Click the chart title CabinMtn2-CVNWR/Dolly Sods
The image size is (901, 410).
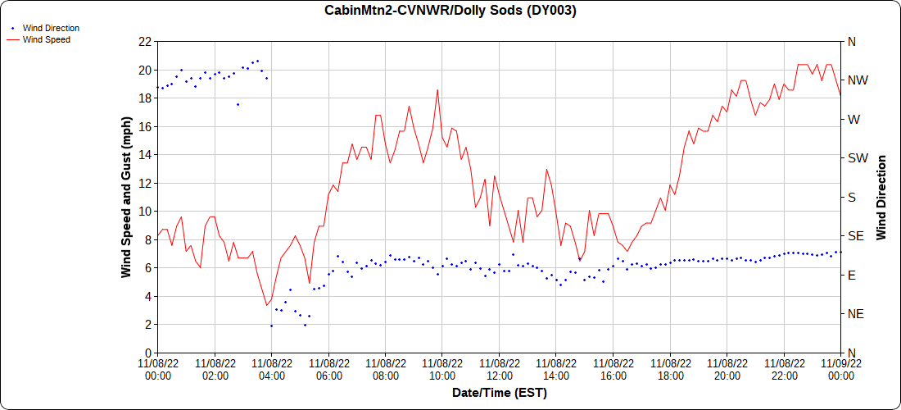[450, 11]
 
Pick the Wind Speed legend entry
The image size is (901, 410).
[46, 39]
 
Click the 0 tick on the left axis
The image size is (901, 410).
[147, 353]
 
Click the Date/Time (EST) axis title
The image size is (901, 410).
[499, 393]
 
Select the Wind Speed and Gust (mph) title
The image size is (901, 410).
[126, 197]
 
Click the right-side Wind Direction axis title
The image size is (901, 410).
[881, 197]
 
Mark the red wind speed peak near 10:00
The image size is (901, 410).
[438, 90]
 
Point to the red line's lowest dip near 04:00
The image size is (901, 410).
[266, 305]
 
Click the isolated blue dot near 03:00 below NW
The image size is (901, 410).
[238, 104]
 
